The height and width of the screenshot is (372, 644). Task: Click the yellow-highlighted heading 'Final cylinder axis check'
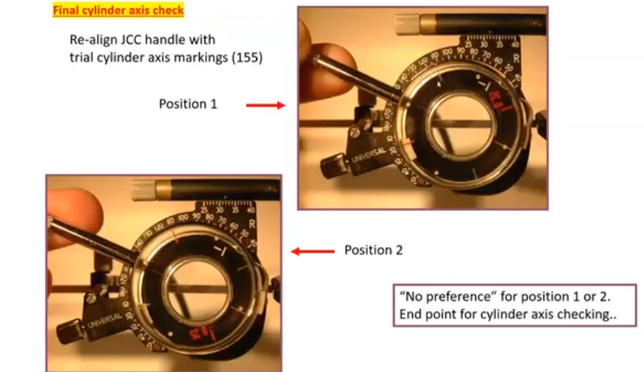pyautogui.click(x=118, y=11)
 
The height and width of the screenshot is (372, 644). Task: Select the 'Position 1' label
pyautogui.click(x=187, y=104)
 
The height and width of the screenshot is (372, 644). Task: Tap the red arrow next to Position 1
pyautogui.click(x=265, y=104)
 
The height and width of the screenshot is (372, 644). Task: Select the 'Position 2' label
pyautogui.click(x=374, y=250)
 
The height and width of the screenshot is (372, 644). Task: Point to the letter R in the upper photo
pyautogui.click(x=517, y=58)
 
